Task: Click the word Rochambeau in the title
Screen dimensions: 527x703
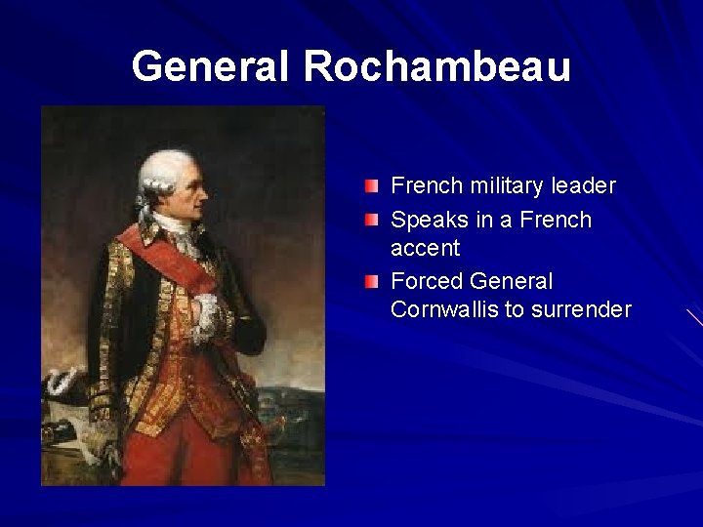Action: point(436,65)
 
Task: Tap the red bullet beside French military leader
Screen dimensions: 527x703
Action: point(374,185)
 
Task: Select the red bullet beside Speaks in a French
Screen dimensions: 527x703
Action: point(374,221)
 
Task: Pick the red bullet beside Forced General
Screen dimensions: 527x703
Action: point(374,283)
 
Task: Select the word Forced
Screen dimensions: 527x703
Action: point(425,282)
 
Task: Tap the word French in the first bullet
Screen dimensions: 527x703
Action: point(424,185)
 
